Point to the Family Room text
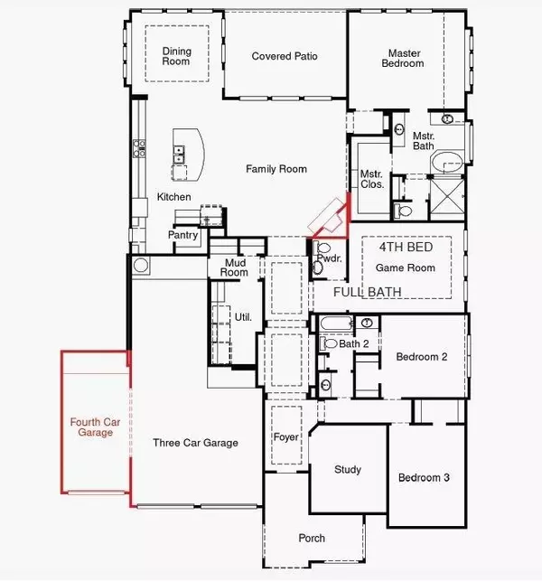[277, 169]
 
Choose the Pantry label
[182, 235]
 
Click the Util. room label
[242, 319]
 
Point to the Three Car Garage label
[195, 443]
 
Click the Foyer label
[285, 438]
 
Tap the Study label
[348, 470]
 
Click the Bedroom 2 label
[422, 357]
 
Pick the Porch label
[312, 539]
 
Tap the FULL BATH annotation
[368, 293]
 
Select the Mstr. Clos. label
[372, 179]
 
